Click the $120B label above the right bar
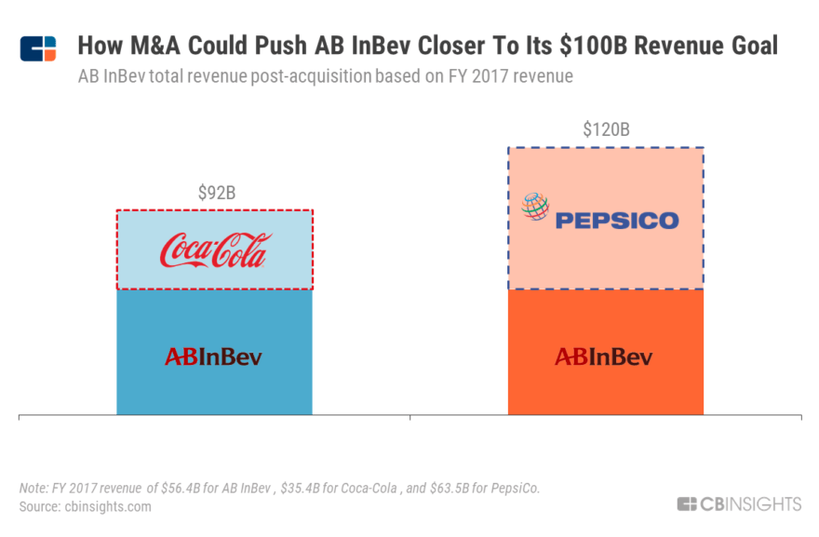[x=606, y=130]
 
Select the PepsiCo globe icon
[x=535, y=207]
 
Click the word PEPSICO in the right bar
[x=617, y=221]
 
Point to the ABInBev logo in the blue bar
[x=213, y=356]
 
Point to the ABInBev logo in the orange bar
[x=604, y=356]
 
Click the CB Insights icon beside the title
[x=38, y=48]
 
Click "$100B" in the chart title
[x=575, y=46]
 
